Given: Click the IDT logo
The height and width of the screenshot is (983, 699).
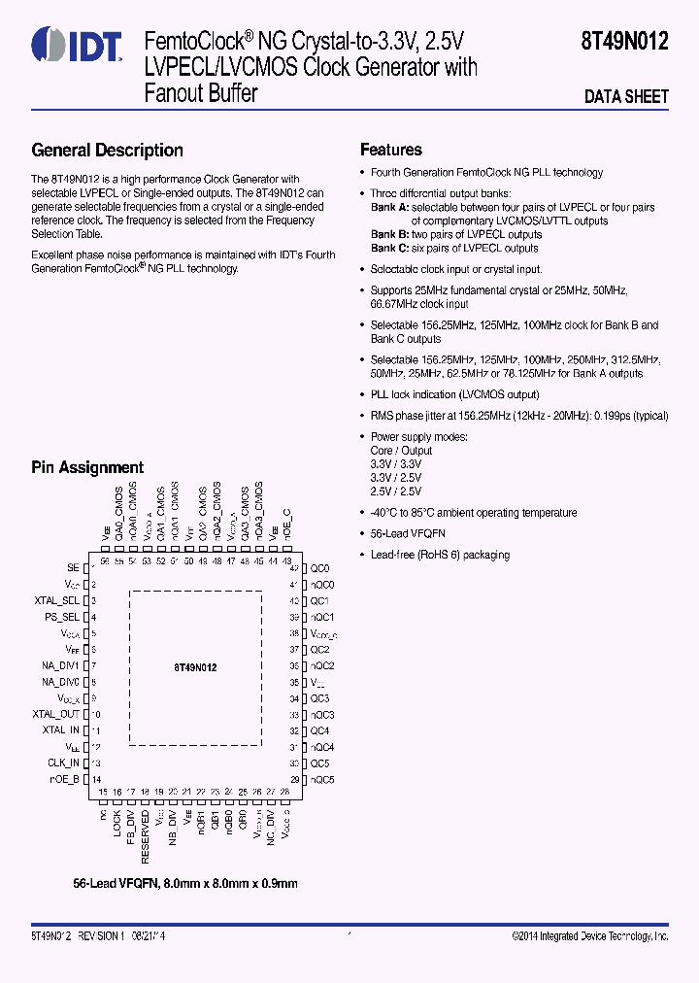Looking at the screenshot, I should click(77, 45).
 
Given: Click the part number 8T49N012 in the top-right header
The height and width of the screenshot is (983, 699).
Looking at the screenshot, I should click(624, 43).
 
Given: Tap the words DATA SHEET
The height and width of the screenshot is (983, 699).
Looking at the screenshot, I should click(626, 96).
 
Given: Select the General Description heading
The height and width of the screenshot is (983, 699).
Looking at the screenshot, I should click(107, 150).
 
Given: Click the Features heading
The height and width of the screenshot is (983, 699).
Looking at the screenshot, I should click(391, 150).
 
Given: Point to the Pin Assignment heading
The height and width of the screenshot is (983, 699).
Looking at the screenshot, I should click(87, 467).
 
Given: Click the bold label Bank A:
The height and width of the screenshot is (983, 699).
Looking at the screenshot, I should click(390, 207).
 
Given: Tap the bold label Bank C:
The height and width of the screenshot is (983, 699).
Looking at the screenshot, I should click(390, 249).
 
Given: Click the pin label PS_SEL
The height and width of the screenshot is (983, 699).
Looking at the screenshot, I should click(62, 617).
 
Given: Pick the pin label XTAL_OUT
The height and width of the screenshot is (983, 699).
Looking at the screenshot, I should click(56, 714).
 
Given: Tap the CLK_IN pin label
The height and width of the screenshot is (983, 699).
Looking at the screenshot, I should click(63, 763).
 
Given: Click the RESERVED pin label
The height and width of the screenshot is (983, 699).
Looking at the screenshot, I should click(146, 838).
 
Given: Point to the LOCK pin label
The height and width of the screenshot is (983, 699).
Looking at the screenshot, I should click(117, 825).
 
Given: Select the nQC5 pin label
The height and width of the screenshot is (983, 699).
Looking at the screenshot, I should click(322, 779).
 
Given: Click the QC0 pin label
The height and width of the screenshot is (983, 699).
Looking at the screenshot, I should click(319, 568).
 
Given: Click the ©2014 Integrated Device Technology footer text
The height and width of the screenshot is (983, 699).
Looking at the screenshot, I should click(590, 935).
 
